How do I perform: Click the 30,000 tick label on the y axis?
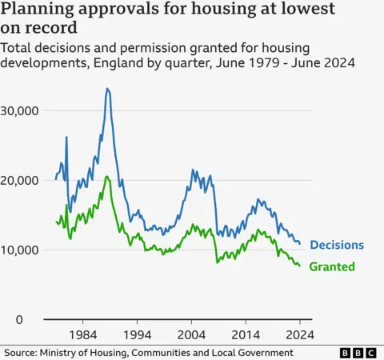(23, 110)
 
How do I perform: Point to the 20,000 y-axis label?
(23, 180)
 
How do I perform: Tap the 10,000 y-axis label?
(23, 250)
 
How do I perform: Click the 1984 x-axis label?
(82, 334)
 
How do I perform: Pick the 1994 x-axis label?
(137, 334)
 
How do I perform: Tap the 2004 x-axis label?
(191, 334)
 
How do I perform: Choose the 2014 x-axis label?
(246, 334)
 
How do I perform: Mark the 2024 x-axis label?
(299, 334)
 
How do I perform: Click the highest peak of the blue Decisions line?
(107, 89)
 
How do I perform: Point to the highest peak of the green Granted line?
(106, 176)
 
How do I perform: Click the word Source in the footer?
(23, 353)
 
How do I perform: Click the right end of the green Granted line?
(300, 266)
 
